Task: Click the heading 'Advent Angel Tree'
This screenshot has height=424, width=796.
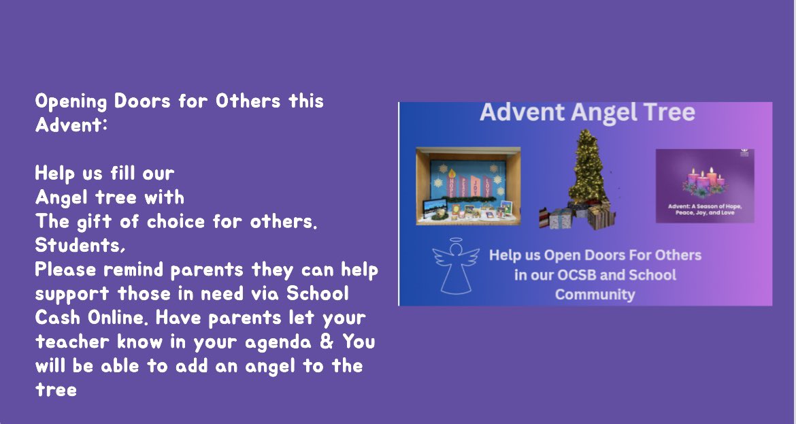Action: pyautogui.click(x=587, y=112)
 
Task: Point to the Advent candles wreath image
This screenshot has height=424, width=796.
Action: pyautogui.click(x=703, y=182)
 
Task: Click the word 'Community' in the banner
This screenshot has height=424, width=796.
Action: pyautogui.click(x=595, y=295)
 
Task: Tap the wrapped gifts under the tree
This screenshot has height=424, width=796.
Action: pyautogui.click(x=578, y=216)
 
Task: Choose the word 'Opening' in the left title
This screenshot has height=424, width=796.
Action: pyautogui.click(x=71, y=101)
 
